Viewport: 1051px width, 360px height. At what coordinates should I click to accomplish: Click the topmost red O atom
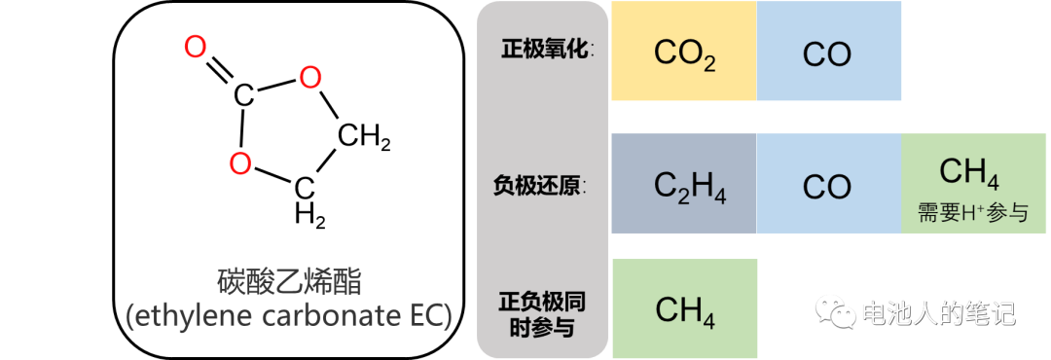click(x=196, y=47)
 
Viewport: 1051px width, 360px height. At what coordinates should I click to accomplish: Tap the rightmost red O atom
click(x=310, y=77)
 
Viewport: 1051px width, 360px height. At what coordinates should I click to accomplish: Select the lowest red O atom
click(x=240, y=163)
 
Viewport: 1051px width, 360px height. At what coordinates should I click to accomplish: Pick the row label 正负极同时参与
click(x=542, y=313)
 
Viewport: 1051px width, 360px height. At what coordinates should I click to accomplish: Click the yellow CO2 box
click(x=683, y=53)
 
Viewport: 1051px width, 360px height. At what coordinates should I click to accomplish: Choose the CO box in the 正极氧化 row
click(x=827, y=53)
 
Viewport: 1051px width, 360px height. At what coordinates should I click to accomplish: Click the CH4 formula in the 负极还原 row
click(x=969, y=173)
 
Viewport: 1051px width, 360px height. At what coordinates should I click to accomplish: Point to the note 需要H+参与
click(x=973, y=212)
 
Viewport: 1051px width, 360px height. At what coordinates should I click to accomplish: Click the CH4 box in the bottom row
click(x=685, y=310)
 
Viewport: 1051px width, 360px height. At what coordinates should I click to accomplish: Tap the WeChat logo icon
click(x=835, y=310)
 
